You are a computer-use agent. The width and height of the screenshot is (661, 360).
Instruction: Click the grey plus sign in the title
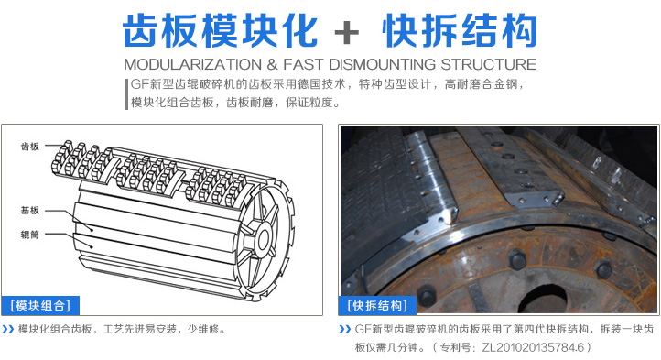click(x=346, y=32)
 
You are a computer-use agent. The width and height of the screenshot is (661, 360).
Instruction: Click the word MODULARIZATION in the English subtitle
click(x=192, y=64)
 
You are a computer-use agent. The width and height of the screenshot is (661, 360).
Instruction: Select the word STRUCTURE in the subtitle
click(x=489, y=64)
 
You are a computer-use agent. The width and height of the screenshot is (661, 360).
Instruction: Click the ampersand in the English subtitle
click(x=272, y=64)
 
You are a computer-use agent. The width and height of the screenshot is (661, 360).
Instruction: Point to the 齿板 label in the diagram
click(x=30, y=147)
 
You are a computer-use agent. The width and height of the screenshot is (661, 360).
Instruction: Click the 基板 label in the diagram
click(x=30, y=210)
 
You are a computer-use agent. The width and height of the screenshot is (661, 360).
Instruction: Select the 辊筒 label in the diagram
click(x=30, y=235)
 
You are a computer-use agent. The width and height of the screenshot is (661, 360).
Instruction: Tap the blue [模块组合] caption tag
click(x=40, y=306)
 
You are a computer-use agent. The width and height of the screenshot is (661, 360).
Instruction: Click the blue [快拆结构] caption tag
click(x=377, y=306)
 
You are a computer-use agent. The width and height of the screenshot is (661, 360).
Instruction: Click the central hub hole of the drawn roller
click(x=264, y=240)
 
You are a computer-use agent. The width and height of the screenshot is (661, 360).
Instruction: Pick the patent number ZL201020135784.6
click(x=533, y=347)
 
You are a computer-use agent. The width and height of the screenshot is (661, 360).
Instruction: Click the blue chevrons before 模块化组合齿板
click(x=8, y=329)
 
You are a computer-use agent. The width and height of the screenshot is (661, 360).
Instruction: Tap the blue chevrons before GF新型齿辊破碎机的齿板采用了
click(x=345, y=329)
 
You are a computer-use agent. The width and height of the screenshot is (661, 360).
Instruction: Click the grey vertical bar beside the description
click(x=126, y=94)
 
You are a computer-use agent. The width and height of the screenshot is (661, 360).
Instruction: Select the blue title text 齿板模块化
click(x=220, y=31)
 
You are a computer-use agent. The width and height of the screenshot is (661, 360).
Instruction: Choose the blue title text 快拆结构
click(x=460, y=31)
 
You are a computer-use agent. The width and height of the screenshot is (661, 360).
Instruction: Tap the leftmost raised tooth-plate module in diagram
click(x=81, y=161)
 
